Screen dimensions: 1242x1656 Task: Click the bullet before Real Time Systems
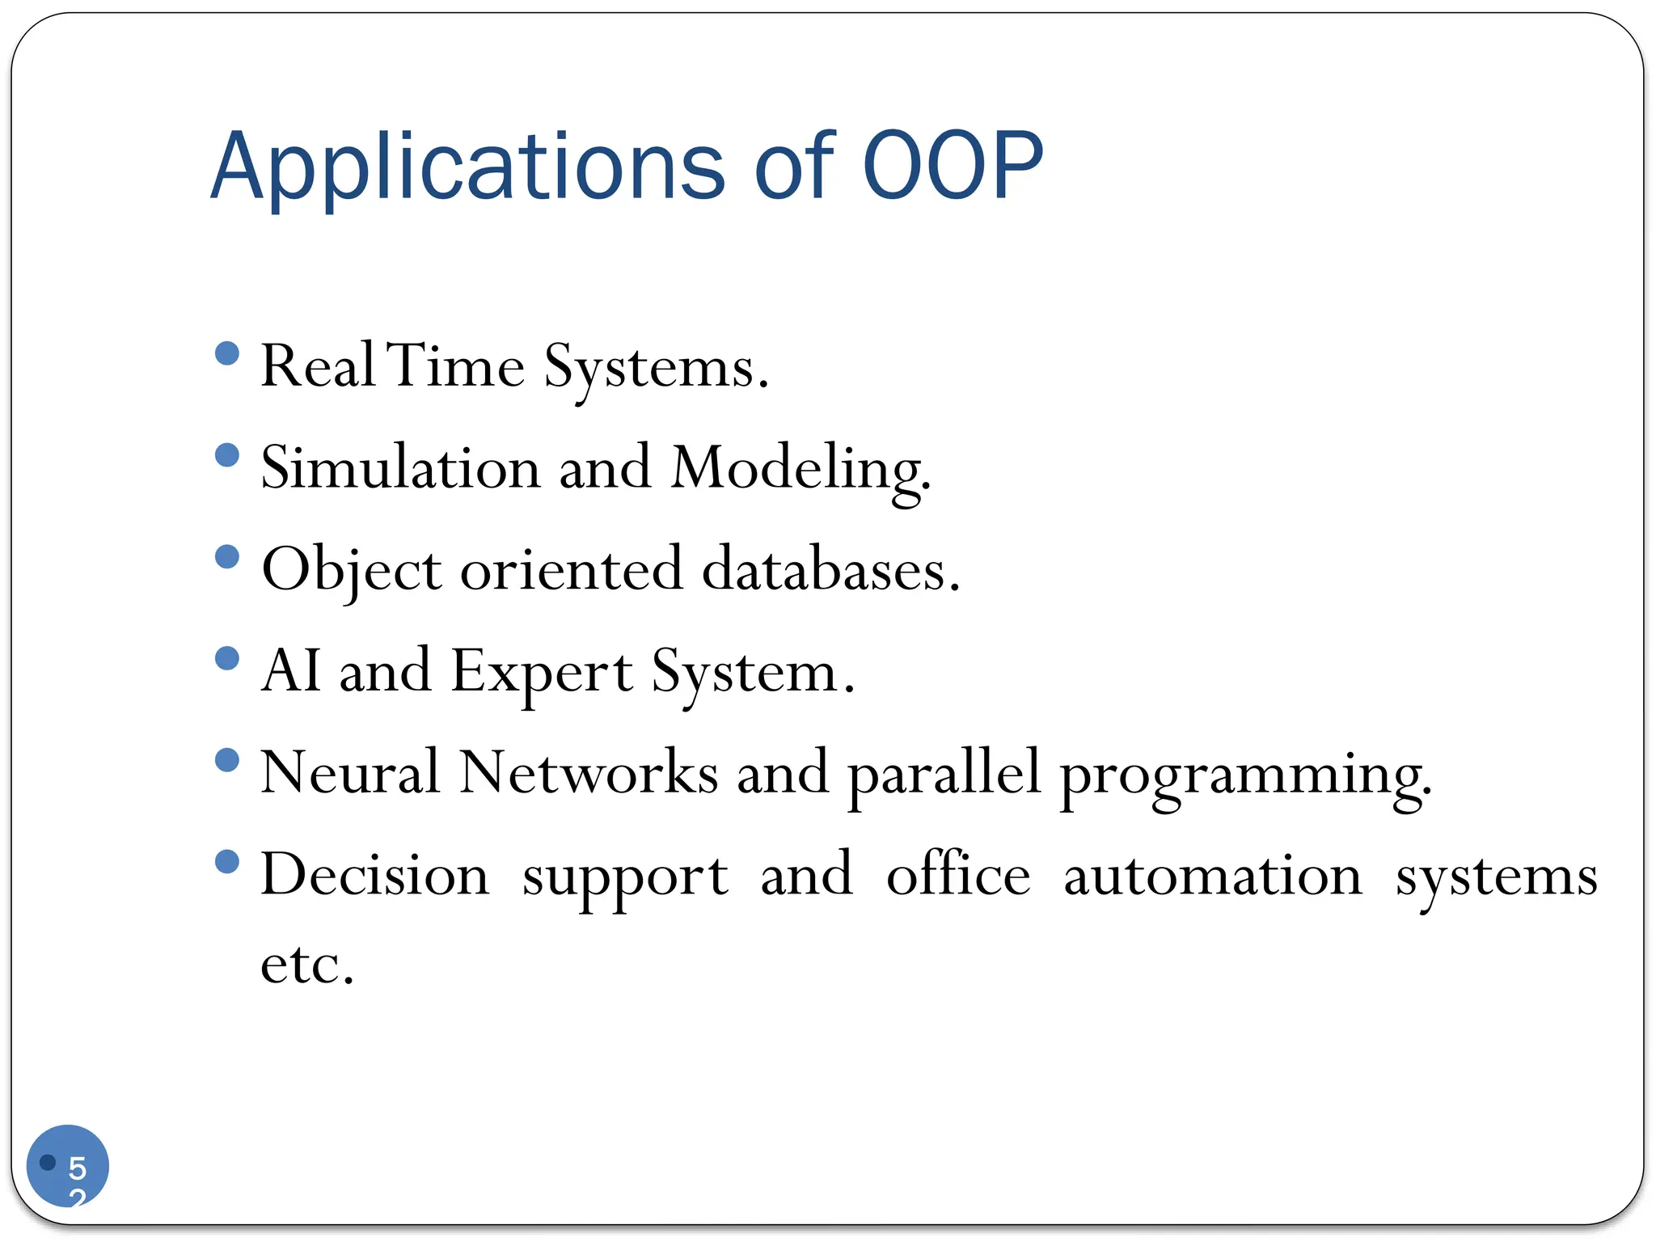pos(228,353)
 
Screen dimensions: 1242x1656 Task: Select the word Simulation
pos(400,468)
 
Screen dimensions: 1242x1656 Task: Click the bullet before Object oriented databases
pos(228,557)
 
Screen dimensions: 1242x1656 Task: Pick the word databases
pos(830,569)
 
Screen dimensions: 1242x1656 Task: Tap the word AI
pos(290,671)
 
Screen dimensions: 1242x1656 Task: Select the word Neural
pos(349,772)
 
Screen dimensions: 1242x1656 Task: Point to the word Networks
pos(588,772)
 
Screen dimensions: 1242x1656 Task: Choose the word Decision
pos(374,876)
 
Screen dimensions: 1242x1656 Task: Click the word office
pos(958,874)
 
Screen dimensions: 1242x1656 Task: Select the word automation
pos(1212,876)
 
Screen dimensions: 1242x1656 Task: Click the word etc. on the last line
pos(307,965)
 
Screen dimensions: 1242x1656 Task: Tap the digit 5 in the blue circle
pos(77,1168)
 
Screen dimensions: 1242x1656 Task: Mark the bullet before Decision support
pos(228,862)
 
